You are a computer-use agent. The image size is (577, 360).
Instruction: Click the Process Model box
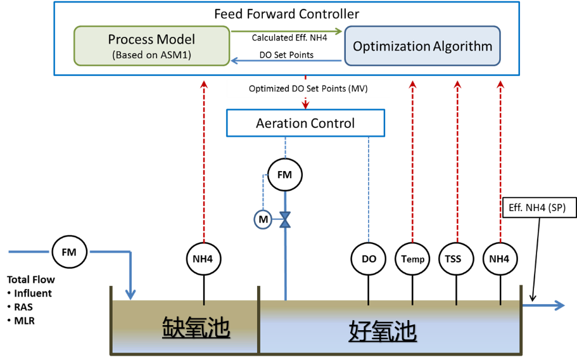151,46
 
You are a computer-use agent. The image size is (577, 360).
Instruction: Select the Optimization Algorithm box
422,46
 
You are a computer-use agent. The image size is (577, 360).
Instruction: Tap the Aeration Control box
305,123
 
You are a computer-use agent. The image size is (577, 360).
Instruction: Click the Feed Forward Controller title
287,14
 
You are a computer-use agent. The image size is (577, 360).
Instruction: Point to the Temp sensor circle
412,259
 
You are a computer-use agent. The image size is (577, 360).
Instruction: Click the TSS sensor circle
456,259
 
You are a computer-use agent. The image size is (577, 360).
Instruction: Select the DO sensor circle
369,259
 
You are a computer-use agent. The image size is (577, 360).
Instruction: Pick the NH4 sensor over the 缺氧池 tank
204,259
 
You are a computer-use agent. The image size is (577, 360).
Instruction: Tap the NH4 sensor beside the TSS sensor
500,259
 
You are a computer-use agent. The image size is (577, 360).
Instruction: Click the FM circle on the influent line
69,252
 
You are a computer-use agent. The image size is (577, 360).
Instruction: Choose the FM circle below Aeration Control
285,175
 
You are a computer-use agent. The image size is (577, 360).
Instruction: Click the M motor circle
263,219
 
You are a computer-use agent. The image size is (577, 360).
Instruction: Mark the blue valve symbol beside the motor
285,220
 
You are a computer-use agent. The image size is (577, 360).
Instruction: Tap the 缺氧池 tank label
196,327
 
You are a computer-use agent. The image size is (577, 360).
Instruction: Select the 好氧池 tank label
383,331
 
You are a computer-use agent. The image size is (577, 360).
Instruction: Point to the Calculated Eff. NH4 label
289,38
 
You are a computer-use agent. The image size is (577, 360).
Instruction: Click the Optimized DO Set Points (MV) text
308,89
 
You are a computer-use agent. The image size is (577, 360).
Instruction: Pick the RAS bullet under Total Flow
21,307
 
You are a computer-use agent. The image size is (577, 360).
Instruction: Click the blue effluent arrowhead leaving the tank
559,305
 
